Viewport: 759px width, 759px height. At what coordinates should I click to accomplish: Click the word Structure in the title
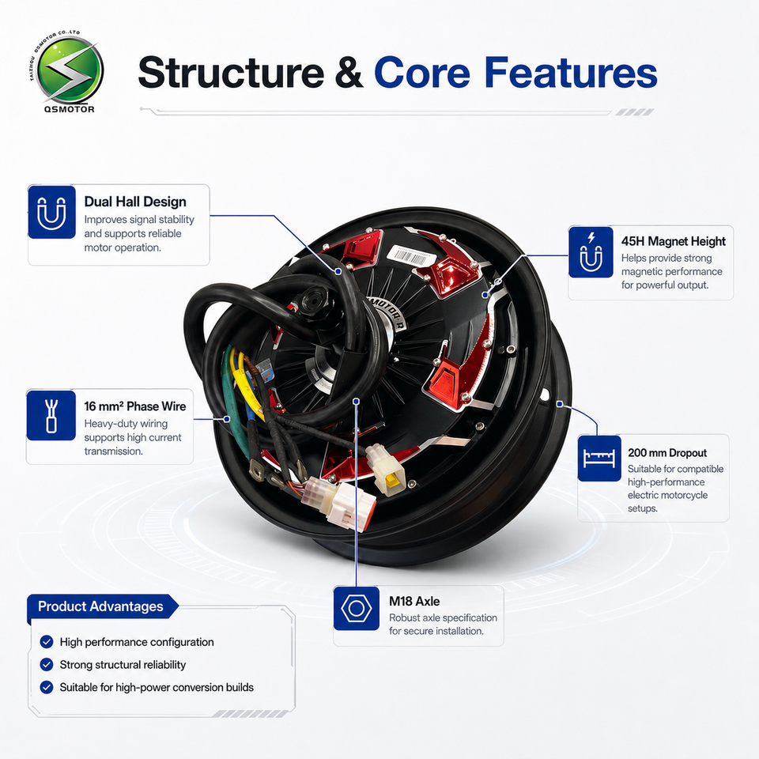tap(231, 73)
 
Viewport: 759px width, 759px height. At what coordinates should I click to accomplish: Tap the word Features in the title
tap(571, 72)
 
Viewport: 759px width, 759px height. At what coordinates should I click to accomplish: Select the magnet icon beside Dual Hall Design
tap(52, 212)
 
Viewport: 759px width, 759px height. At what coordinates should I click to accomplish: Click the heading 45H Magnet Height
tap(674, 241)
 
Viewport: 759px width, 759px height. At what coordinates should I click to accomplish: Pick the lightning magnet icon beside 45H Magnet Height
tap(591, 252)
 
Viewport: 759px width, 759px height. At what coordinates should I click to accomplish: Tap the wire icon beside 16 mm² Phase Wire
tap(51, 415)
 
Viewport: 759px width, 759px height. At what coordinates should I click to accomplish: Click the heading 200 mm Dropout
tap(667, 452)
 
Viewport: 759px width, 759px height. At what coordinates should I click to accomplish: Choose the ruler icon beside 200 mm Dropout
tap(599, 458)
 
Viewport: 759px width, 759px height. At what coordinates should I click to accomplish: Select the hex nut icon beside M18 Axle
tap(357, 609)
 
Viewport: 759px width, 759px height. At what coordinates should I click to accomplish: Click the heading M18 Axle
tap(414, 601)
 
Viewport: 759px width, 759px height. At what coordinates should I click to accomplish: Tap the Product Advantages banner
tap(103, 606)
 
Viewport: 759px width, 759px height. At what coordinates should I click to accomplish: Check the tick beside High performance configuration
tap(47, 642)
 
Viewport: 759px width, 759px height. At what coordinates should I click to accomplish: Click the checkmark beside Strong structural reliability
tap(47, 665)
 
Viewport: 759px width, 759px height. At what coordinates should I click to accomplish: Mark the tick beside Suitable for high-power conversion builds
tap(47, 687)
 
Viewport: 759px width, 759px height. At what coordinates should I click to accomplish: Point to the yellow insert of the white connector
tap(391, 479)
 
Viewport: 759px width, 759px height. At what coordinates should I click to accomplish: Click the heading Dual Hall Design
tap(135, 202)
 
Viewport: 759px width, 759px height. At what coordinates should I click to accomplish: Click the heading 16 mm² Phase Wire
tap(135, 406)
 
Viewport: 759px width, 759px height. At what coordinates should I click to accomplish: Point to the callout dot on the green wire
tap(227, 419)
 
